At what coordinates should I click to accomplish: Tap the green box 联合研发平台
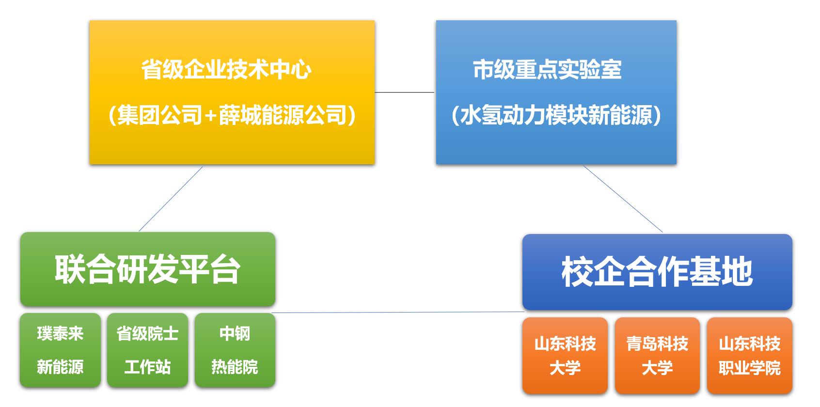147,269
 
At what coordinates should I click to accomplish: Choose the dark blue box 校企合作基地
657,272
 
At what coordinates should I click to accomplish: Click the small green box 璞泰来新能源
60,350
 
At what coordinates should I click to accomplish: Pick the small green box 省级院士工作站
147,350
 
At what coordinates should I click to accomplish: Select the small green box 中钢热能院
235,350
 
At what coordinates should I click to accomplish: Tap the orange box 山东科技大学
565,355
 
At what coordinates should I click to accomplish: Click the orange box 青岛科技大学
657,355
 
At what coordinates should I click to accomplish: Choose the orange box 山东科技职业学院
749,355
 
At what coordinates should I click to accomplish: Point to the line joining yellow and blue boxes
405,92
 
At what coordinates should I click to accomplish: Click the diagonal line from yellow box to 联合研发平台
171,199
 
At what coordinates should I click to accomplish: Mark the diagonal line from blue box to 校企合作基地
623,199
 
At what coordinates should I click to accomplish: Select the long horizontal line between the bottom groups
397,313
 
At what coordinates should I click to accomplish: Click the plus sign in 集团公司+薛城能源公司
210,116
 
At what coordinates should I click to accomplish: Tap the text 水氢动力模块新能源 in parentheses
556,116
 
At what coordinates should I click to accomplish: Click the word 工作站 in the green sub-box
147,367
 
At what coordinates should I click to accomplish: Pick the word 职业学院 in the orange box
749,368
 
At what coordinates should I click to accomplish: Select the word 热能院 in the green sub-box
235,367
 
